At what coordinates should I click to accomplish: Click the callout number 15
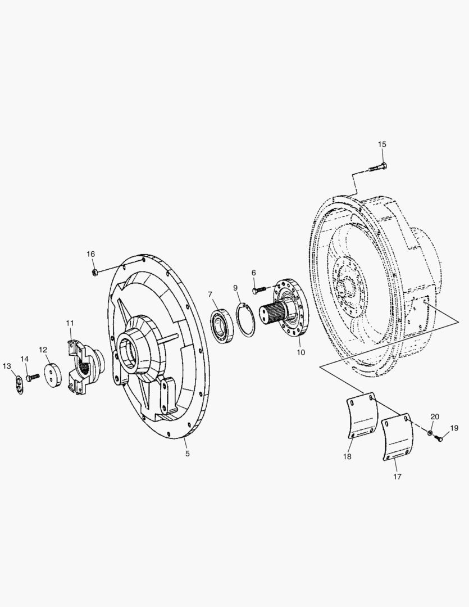382,144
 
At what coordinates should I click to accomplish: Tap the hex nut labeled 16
95,272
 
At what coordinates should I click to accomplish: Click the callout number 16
90,255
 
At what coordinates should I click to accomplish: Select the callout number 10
300,352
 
